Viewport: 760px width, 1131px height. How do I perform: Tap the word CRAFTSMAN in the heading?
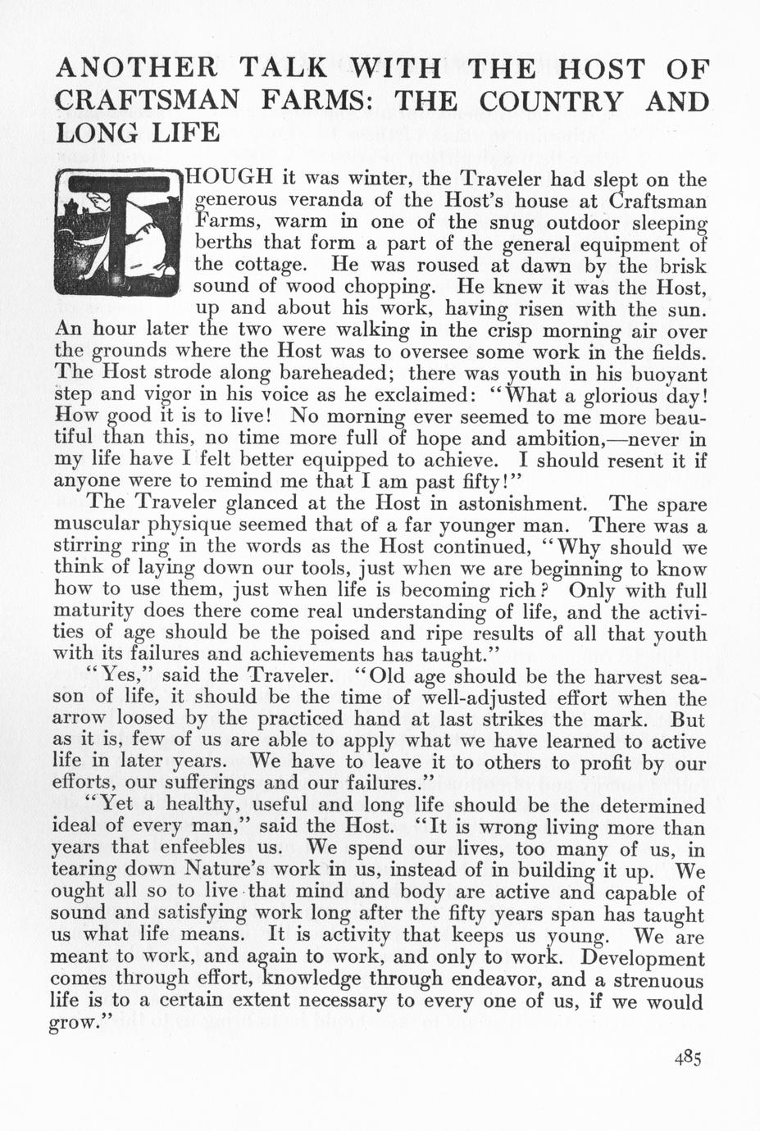pyautogui.click(x=148, y=101)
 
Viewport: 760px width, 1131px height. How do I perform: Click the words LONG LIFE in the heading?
pyautogui.click(x=137, y=131)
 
